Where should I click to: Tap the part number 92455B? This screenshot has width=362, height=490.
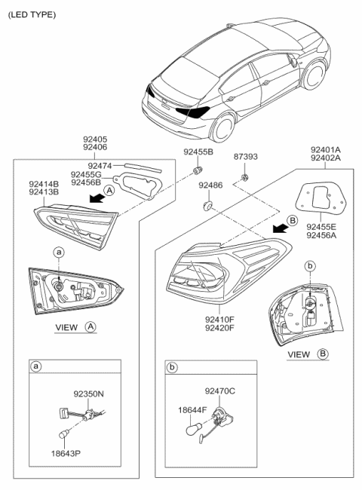tap(198, 152)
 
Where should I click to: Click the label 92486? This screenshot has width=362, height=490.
tap(210, 185)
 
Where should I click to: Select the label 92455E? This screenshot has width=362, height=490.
tap(323, 224)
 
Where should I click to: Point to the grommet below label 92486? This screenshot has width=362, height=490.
tap(207, 204)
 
